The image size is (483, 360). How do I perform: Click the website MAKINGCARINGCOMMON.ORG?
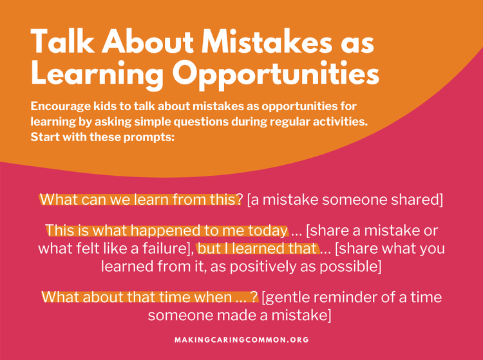241,339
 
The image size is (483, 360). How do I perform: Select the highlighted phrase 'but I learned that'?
258,248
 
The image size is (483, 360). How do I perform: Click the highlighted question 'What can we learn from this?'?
141,199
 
